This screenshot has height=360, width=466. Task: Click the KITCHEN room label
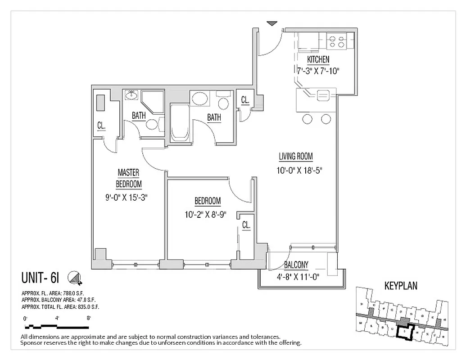(x=318, y=59)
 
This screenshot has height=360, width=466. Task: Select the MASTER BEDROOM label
(x=128, y=178)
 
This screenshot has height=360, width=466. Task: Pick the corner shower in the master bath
(x=152, y=103)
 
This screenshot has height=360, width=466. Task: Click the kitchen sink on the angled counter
(x=323, y=94)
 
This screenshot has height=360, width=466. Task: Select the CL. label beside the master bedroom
(x=102, y=126)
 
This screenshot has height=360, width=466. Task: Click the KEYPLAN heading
(x=401, y=285)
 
